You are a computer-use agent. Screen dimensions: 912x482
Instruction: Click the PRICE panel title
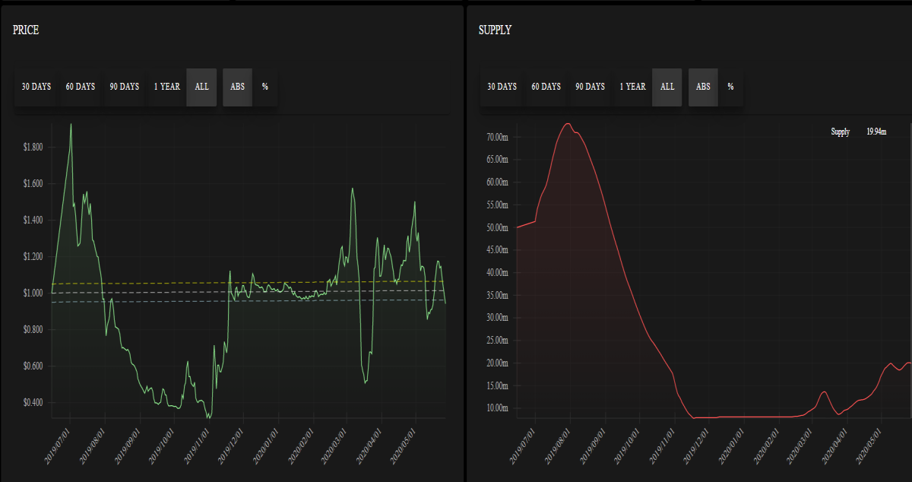coord(26,30)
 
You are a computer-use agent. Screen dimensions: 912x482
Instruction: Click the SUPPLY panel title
coord(495,30)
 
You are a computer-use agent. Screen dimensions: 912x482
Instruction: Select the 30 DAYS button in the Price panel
coord(36,87)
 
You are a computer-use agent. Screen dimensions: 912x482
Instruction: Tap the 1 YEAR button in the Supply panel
coord(632,87)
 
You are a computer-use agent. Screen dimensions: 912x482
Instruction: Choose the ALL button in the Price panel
coord(201,87)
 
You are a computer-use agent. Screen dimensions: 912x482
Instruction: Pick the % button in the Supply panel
coord(730,87)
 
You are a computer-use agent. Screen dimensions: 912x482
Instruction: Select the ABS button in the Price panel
coord(237,87)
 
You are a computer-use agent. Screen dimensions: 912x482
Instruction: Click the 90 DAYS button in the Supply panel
coord(590,87)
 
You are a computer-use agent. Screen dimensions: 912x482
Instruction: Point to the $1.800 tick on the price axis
coord(33,147)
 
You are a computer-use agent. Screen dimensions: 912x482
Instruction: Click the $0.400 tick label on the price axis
coord(33,402)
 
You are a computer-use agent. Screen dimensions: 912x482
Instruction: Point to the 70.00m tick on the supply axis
coord(497,137)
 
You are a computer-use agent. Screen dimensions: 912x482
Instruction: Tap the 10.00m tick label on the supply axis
coord(497,407)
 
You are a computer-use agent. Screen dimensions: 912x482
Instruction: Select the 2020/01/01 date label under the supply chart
coord(731,446)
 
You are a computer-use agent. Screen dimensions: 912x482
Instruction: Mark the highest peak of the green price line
coord(71,124)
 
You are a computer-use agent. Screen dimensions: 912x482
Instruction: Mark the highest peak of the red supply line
coord(568,123)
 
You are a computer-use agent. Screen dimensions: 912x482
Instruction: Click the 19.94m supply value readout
coord(876,132)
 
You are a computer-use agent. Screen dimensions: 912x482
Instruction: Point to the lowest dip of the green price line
coord(208,417)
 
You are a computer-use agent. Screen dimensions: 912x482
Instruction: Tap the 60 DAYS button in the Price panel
coord(81,87)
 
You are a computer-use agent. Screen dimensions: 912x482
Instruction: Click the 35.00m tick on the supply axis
coord(497,295)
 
